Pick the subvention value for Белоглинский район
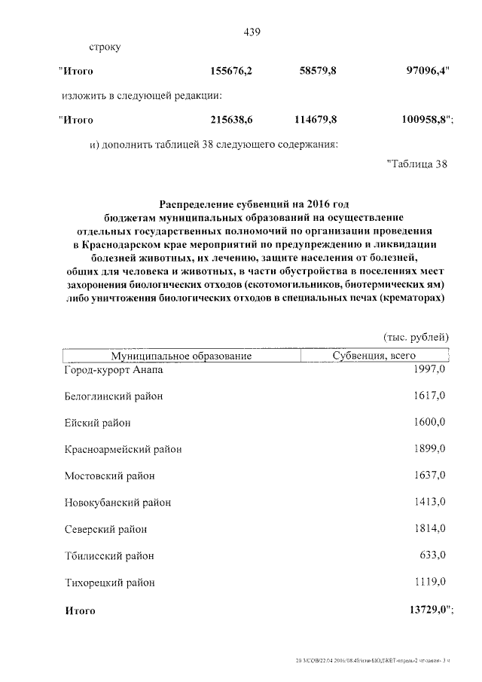tap(430, 395)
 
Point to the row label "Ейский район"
tap(98, 422)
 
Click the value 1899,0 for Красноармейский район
tap(430, 448)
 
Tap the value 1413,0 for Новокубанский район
tap(430, 501)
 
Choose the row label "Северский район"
tap(105, 529)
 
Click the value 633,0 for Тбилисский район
tap(434, 555)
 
